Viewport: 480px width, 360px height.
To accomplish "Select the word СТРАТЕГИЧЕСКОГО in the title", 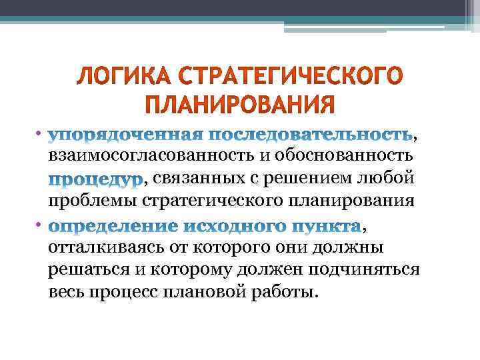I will [x=281, y=79].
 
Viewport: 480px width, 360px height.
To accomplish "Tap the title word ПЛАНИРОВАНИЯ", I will [x=239, y=105].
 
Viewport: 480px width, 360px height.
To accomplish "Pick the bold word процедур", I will [x=95, y=179].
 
